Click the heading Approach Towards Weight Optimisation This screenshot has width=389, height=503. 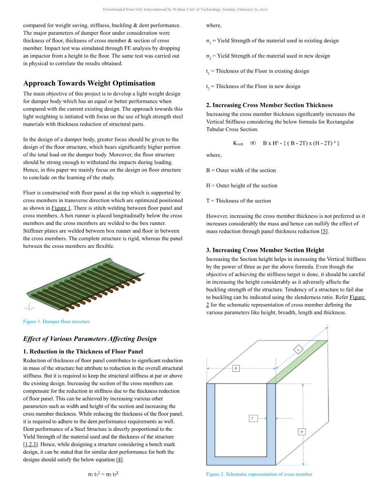tap(89, 83)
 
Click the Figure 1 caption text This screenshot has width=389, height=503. tap(56, 322)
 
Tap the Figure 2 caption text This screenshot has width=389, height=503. tap(259, 474)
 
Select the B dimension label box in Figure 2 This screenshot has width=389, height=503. tap(236, 368)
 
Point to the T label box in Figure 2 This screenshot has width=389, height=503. tap(253, 418)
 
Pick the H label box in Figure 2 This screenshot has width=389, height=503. tap(302, 432)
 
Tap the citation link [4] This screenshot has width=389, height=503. tap(119, 460)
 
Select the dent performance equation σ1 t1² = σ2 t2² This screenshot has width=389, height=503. tap(103, 474)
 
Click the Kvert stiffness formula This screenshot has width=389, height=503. tap(286, 143)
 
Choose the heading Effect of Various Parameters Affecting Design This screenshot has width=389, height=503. tap(90, 339)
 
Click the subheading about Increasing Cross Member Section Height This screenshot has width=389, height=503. tap(265, 250)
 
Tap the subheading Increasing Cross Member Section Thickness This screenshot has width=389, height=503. tap(269, 105)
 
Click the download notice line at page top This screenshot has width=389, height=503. tap(185, 9)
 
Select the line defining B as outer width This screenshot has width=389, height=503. tap(241, 171)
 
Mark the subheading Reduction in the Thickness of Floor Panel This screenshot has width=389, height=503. tap(83, 352)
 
